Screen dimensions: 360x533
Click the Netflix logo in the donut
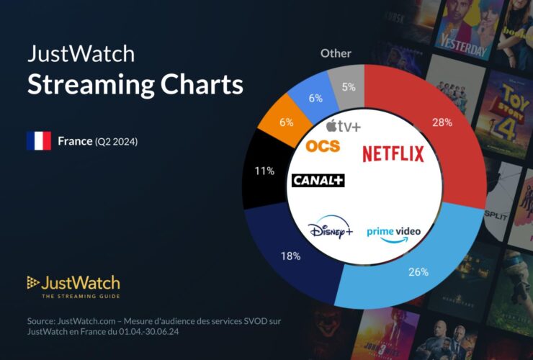pyautogui.click(x=393, y=153)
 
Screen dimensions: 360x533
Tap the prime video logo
pyautogui.click(x=393, y=233)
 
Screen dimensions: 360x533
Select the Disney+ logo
pyautogui.click(x=331, y=231)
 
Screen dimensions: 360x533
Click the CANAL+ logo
pyautogui.click(x=318, y=180)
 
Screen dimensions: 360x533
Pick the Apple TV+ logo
pyautogui.click(x=343, y=126)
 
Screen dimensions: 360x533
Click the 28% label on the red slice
pyautogui.click(x=442, y=122)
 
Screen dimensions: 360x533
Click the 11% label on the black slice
pyautogui.click(x=264, y=171)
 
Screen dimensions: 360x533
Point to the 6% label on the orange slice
pyautogui.click(x=286, y=122)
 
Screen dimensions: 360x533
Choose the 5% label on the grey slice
pyautogui.click(x=348, y=88)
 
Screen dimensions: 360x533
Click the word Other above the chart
pyautogui.click(x=336, y=53)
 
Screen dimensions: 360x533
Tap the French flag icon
pyautogui.click(x=38, y=141)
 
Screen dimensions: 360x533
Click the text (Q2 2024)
pyautogui.click(x=116, y=142)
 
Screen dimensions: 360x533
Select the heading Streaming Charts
pyautogui.click(x=135, y=85)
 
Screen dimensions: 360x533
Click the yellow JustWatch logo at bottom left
pyautogui.click(x=73, y=283)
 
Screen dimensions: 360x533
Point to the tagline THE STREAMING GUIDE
pyautogui.click(x=81, y=297)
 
